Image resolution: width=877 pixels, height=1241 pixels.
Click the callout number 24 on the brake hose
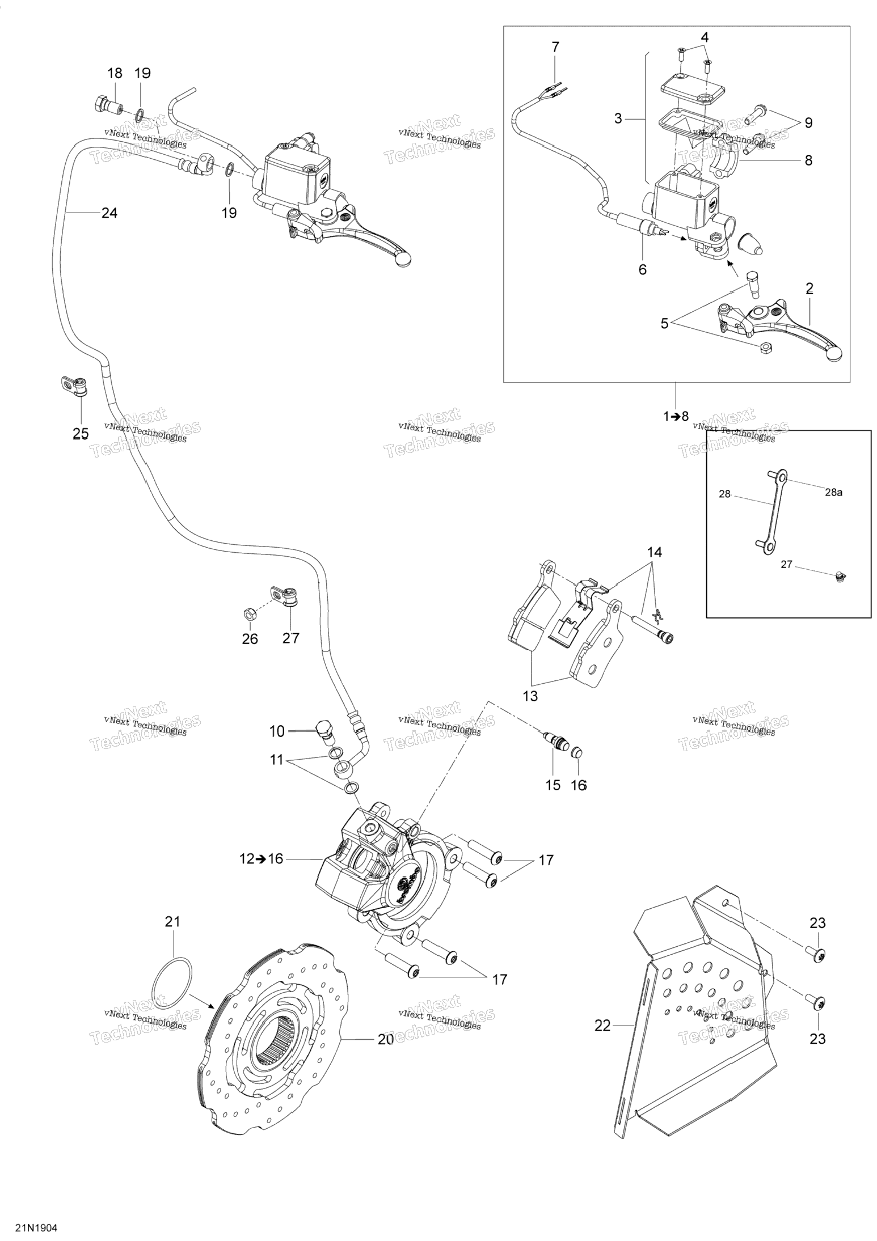click(x=109, y=213)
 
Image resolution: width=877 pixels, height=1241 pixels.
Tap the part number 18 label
click(x=115, y=73)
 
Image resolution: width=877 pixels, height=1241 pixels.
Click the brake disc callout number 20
click(x=386, y=1039)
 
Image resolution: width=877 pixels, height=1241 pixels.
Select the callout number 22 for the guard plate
click(x=602, y=1025)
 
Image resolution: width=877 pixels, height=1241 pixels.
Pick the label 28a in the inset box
click(x=833, y=492)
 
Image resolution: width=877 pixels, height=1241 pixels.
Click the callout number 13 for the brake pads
click(x=530, y=696)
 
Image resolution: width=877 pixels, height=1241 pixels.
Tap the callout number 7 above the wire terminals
click(x=555, y=47)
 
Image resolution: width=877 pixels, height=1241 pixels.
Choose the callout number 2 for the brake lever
click(x=809, y=289)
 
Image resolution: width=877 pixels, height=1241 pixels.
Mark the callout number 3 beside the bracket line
click(x=618, y=118)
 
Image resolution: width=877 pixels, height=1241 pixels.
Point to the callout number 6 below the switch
click(x=642, y=269)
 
